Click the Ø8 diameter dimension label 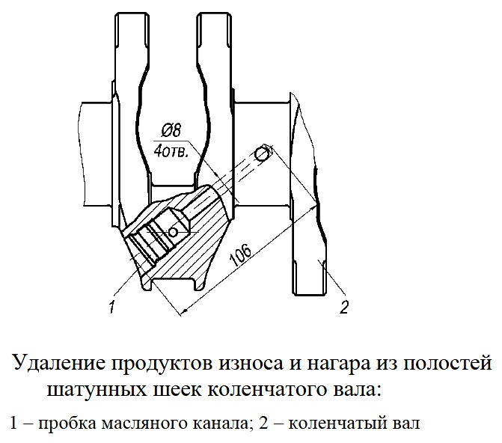171,131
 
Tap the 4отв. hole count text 171,151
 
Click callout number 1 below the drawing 111,307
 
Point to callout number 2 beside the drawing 344,308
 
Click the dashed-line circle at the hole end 262,154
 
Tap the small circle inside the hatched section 173,231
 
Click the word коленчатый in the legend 338,424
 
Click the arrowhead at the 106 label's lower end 185,311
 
